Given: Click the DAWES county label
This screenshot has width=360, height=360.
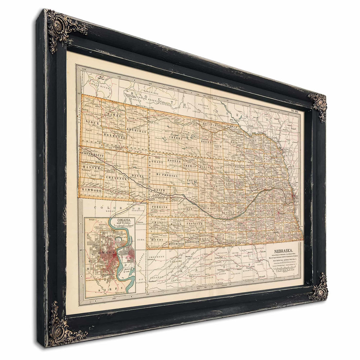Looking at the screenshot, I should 114,115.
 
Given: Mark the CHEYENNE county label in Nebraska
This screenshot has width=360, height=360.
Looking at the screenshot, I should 117,178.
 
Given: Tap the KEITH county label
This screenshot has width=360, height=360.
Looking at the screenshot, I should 159,190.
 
